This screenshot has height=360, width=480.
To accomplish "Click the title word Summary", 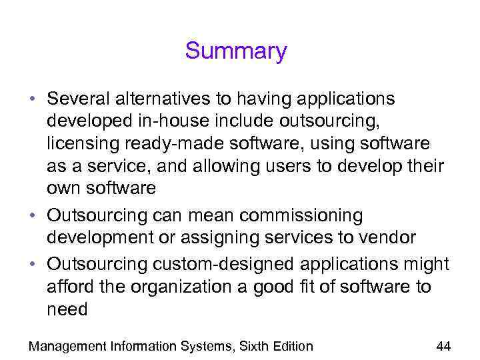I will pos(236,51).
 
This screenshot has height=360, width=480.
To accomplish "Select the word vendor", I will pos(387,238).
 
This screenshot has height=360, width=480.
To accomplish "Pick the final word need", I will pos(67,309).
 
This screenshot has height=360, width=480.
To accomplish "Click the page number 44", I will pos(443,346).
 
